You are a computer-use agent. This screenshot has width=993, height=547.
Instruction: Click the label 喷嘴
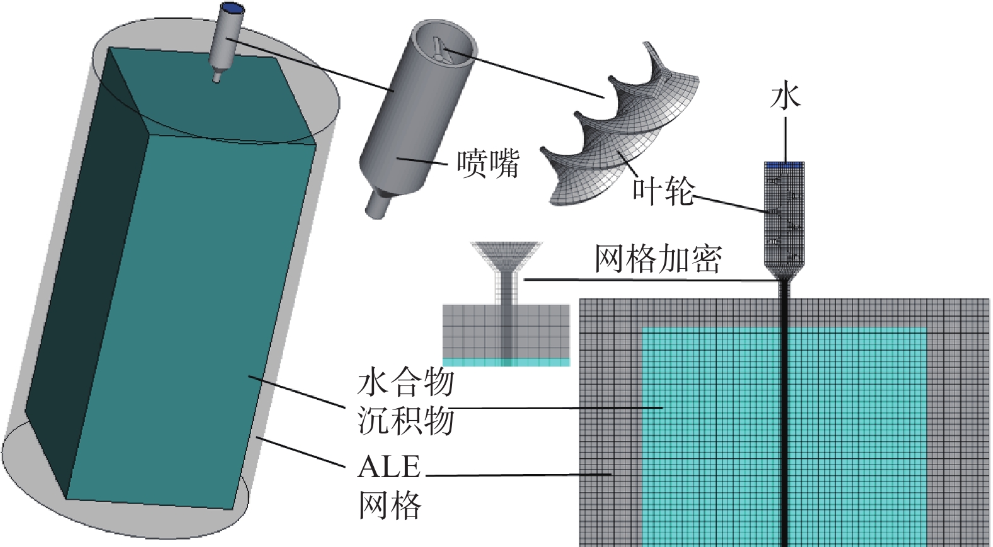pyautogui.click(x=488, y=163)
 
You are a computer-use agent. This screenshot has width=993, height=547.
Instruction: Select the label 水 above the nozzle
pyautogui.click(x=785, y=96)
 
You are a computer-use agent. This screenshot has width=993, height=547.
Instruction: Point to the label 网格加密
pyautogui.click(x=658, y=259)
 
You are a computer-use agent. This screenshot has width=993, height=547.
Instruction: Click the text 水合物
pyautogui.click(x=405, y=382)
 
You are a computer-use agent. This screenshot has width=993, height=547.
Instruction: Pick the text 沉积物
pyautogui.click(x=405, y=420)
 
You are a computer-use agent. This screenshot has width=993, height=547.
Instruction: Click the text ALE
pyautogui.click(x=389, y=468)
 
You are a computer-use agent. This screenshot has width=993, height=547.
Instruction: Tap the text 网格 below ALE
pyautogui.click(x=389, y=505)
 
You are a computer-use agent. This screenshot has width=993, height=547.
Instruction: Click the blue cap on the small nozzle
pyautogui.click(x=233, y=8)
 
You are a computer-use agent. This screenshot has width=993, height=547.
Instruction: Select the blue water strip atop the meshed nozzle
pyautogui.click(x=784, y=165)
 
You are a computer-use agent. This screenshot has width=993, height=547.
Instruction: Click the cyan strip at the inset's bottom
pyautogui.click(x=506, y=362)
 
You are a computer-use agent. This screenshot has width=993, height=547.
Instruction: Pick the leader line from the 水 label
pyautogui.click(x=785, y=136)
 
